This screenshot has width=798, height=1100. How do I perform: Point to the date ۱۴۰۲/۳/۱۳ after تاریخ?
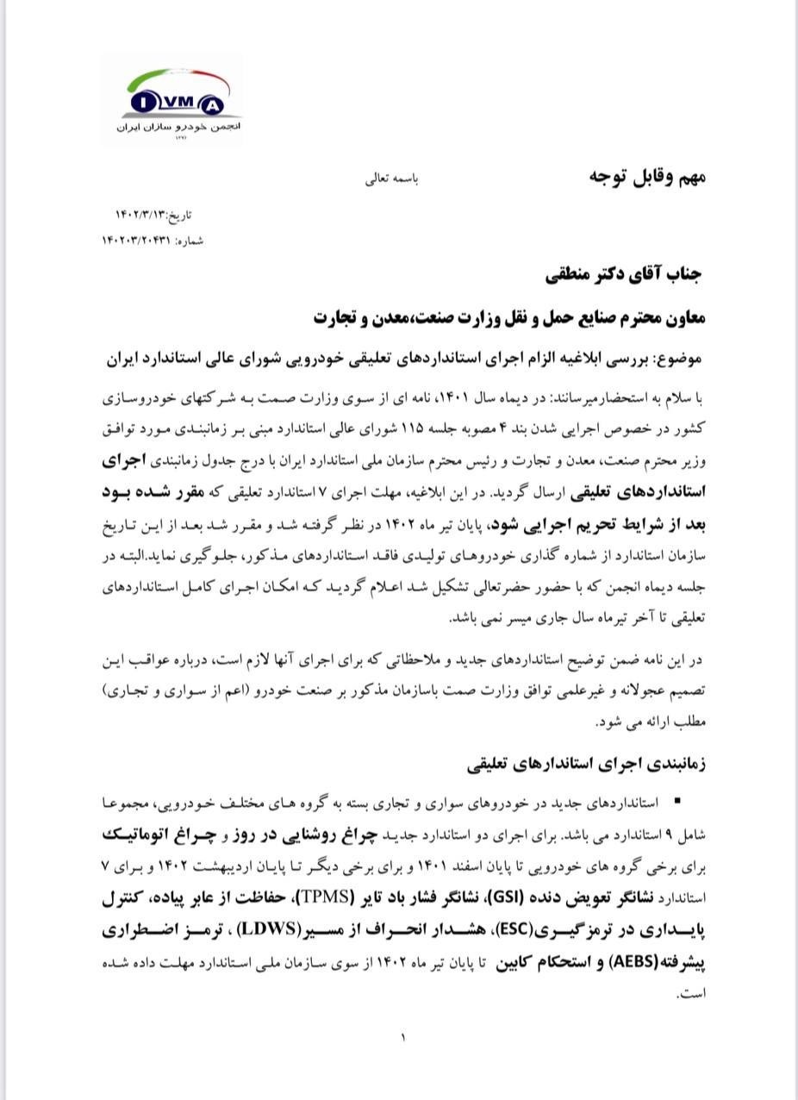click(143, 214)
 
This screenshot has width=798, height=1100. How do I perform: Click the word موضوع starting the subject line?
click(682, 357)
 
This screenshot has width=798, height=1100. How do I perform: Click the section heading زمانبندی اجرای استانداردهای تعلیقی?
click(587, 765)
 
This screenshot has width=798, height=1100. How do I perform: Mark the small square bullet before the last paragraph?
click(677, 801)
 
